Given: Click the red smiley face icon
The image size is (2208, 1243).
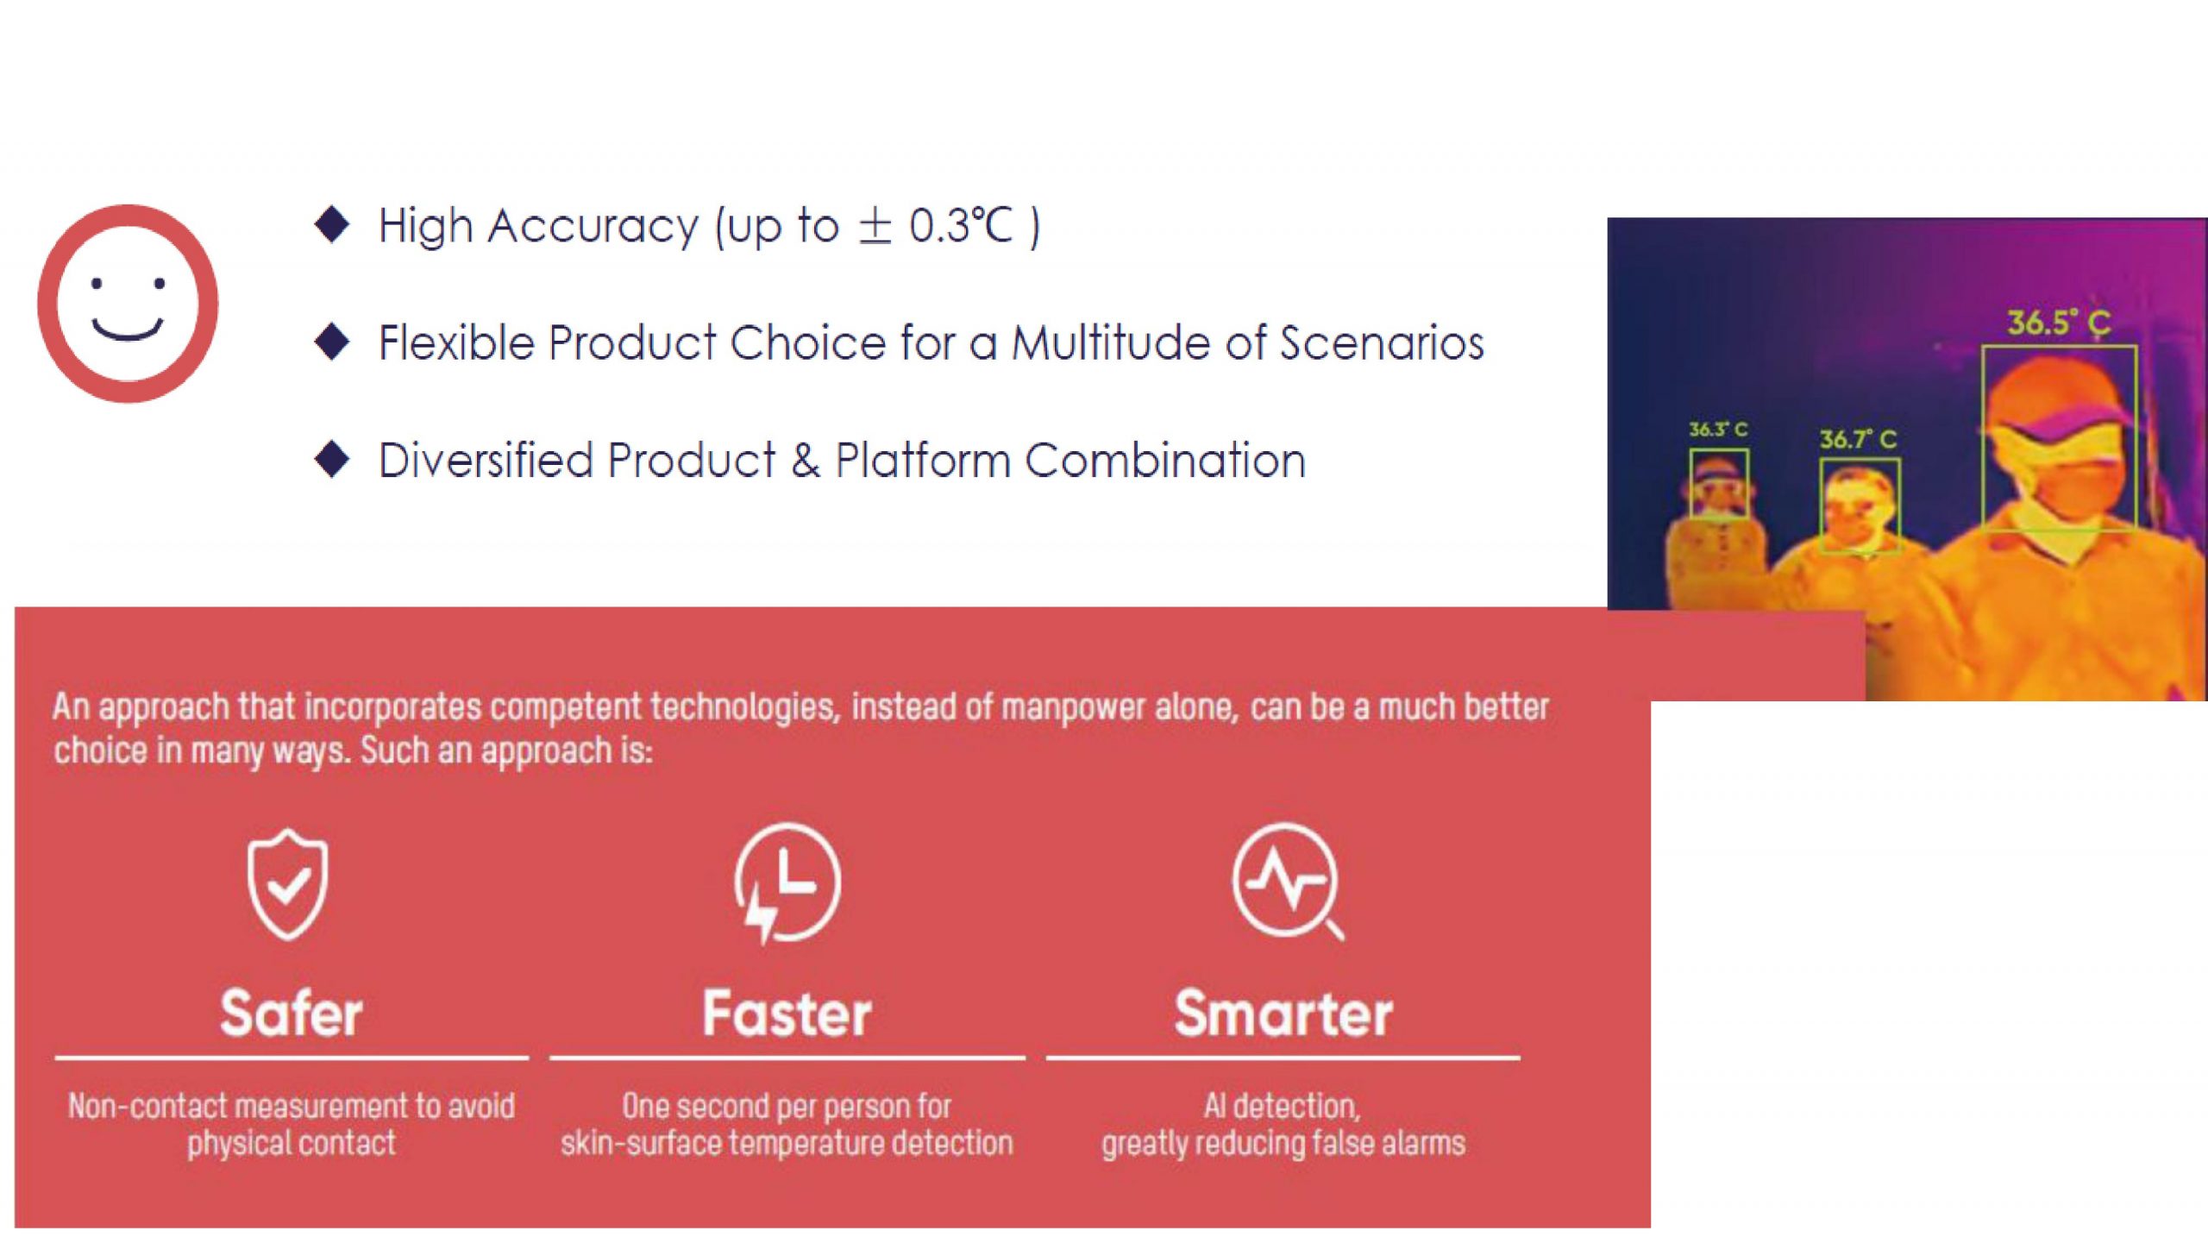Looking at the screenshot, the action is (x=128, y=303).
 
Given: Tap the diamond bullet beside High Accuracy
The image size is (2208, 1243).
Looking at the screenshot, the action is (x=332, y=224).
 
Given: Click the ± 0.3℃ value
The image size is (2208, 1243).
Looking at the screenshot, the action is (x=935, y=227).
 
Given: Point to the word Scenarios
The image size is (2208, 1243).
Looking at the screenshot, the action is (x=1382, y=342).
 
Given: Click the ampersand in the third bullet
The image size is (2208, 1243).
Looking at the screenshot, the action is (x=805, y=461).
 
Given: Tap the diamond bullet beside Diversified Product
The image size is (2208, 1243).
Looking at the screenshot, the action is (x=332, y=459).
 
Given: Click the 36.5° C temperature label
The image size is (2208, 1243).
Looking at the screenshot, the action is (x=2059, y=323).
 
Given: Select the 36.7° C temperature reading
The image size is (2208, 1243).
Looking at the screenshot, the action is (x=1859, y=439).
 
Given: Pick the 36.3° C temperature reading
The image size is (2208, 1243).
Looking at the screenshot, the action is (x=1718, y=430).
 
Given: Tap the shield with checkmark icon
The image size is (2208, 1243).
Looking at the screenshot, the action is (x=288, y=883).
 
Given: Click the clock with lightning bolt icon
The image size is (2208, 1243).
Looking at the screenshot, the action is (x=787, y=882).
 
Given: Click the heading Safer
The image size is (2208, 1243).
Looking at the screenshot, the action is (x=292, y=1013).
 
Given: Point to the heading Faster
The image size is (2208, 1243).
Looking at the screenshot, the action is (x=787, y=1013).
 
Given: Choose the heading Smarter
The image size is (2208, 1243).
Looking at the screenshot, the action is (x=1283, y=1013).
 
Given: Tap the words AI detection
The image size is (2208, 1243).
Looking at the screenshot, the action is (x=1282, y=1106).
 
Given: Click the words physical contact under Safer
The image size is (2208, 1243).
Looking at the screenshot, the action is (x=292, y=1144).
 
